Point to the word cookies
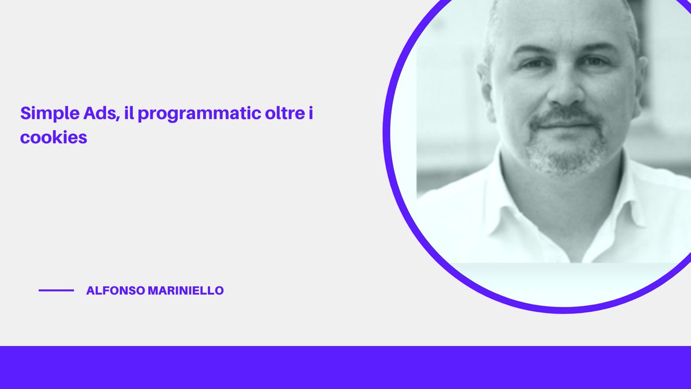[x=54, y=139]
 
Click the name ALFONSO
[x=115, y=291]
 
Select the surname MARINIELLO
[x=186, y=291]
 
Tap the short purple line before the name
[x=56, y=290]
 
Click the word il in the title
[x=128, y=113]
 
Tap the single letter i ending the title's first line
[x=310, y=113]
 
